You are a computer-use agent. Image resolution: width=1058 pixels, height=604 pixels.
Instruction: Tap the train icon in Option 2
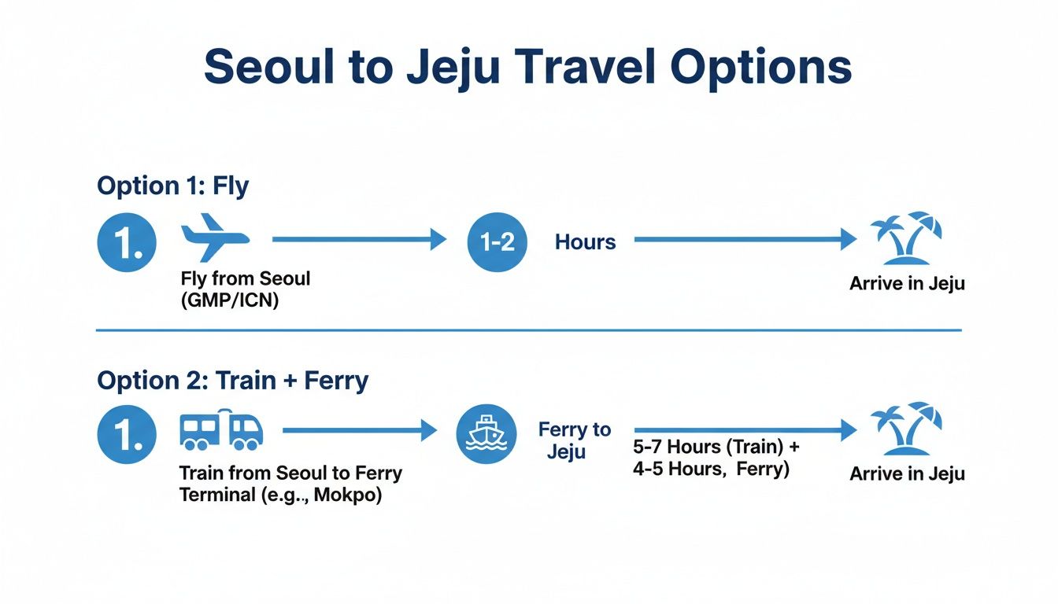point(221,430)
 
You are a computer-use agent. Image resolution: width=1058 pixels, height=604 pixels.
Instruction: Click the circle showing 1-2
point(497,241)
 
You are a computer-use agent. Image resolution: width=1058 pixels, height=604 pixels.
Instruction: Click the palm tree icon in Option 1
point(907,238)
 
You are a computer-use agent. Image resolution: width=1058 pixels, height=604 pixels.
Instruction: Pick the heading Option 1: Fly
point(172,186)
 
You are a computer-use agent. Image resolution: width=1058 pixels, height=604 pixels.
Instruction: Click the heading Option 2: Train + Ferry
point(232,381)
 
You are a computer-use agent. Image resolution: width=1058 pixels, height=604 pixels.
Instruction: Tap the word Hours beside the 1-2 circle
point(585,242)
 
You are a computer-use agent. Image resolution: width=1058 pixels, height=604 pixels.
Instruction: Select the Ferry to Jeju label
point(574,440)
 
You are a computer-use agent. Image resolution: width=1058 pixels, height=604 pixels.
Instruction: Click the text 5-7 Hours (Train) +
point(716,447)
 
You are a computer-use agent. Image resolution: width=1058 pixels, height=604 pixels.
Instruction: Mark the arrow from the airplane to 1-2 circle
point(358,239)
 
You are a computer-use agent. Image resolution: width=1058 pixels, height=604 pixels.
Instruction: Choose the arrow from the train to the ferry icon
point(358,430)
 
